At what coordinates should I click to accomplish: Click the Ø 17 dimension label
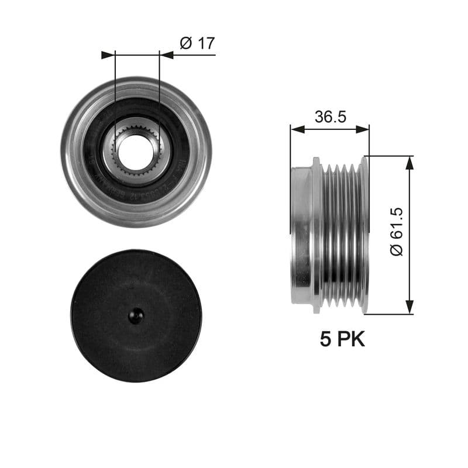point(198,43)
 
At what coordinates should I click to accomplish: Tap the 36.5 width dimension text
point(331,116)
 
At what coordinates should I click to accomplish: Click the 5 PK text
point(342,339)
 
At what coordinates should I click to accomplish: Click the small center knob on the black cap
point(136,316)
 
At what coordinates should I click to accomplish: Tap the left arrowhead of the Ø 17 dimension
point(108,55)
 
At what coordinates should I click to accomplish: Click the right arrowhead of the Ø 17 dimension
point(167,55)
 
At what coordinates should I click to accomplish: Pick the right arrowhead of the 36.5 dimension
point(363,129)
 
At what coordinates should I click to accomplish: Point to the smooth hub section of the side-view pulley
point(301,234)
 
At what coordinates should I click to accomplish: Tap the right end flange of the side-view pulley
point(364,234)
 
